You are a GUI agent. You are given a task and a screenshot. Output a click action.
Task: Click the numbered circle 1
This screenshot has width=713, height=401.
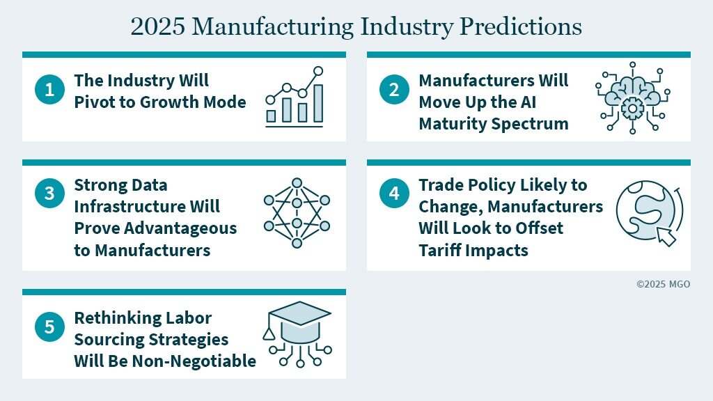[x=49, y=89]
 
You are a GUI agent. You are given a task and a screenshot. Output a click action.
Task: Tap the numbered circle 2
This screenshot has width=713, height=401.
[x=394, y=89]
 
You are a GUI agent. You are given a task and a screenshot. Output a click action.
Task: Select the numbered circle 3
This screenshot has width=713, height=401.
[x=49, y=193]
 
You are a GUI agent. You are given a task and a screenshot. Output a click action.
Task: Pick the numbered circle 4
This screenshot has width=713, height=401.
[x=394, y=193]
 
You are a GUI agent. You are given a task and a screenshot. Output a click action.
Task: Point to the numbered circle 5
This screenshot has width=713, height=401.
[x=49, y=327]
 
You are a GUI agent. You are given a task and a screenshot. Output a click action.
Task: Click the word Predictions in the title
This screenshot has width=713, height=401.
[x=521, y=26]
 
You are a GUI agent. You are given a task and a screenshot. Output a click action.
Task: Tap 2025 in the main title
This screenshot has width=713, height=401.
[x=158, y=26]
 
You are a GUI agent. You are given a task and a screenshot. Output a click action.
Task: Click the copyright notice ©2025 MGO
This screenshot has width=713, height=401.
[x=663, y=284]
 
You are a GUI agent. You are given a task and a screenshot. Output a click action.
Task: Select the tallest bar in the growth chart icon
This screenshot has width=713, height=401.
[x=318, y=103]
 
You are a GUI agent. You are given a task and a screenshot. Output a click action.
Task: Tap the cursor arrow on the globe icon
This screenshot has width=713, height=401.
[x=666, y=237]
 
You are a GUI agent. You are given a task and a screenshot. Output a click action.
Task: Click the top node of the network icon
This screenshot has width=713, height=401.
[x=297, y=183]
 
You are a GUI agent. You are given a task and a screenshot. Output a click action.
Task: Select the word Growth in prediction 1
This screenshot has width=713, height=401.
[x=169, y=102]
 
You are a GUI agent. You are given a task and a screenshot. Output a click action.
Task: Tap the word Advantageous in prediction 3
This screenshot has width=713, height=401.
[x=180, y=228]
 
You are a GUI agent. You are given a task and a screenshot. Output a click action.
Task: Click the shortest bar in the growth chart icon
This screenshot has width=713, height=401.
[x=271, y=116]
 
